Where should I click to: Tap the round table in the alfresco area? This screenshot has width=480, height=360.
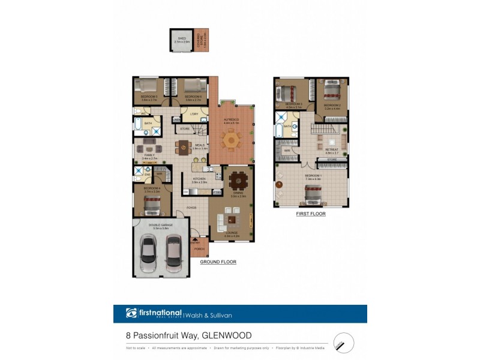click(x=231, y=140)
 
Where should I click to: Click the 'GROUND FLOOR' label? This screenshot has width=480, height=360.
click(x=218, y=262)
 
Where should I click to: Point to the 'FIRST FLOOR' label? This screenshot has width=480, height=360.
click(x=311, y=214)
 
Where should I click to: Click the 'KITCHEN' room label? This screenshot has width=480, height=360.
click(x=199, y=178)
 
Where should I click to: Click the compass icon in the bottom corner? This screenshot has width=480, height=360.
click(x=343, y=343)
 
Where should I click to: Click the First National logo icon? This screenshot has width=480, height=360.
click(x=131, y=313)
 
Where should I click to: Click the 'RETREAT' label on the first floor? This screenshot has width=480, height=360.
click(x=332, y=149)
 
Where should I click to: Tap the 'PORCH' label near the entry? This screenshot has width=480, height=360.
click(x=199, y=248)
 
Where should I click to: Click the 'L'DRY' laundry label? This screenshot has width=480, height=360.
click(x=194, y=114)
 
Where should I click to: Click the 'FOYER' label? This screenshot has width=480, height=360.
click(x=191, y=208)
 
